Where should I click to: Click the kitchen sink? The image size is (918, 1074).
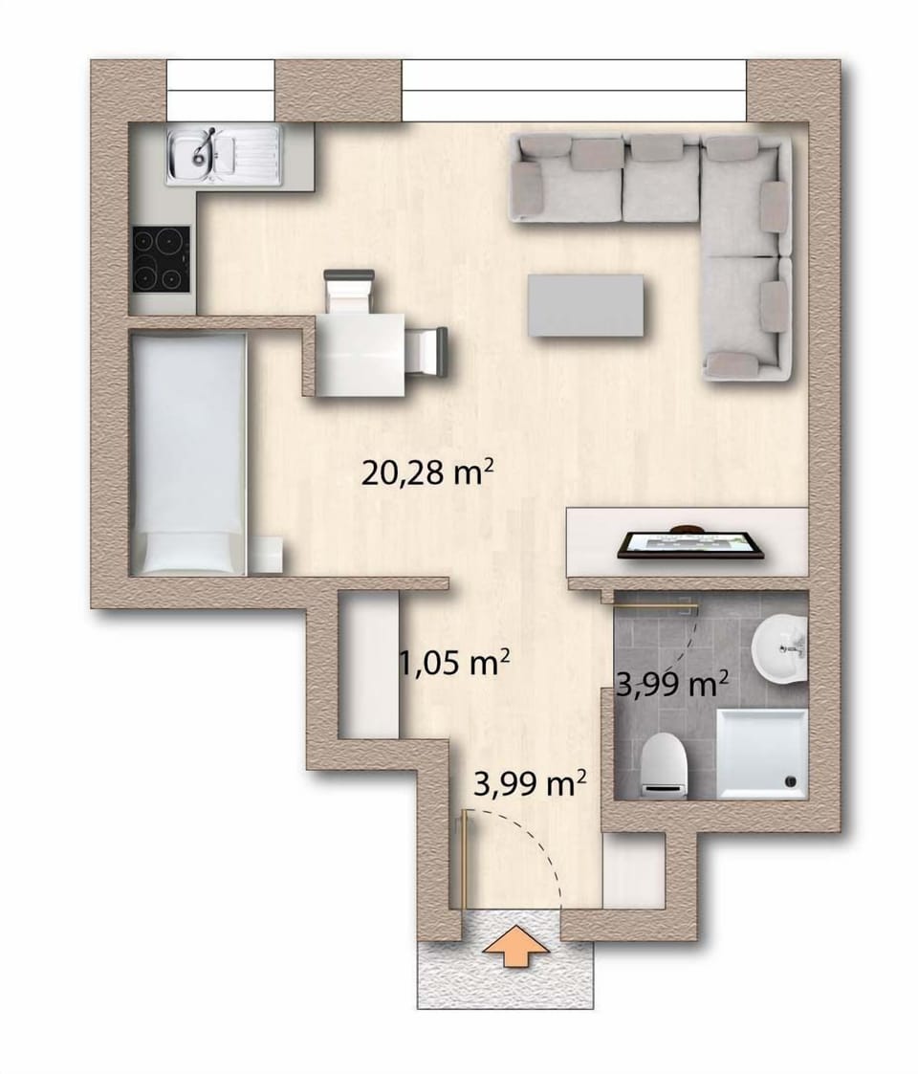point(225,154)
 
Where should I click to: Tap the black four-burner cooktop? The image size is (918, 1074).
point(160,258)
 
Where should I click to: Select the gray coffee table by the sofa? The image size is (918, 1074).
point(585,305)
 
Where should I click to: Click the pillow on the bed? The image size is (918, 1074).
point(188,551)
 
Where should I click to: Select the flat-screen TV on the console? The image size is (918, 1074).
point(690,544)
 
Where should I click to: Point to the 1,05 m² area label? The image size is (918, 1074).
point(453,663)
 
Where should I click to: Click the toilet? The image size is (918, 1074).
point(664,766)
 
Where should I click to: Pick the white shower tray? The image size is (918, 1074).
point(762,753)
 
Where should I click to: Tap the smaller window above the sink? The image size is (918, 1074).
point(221,90)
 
